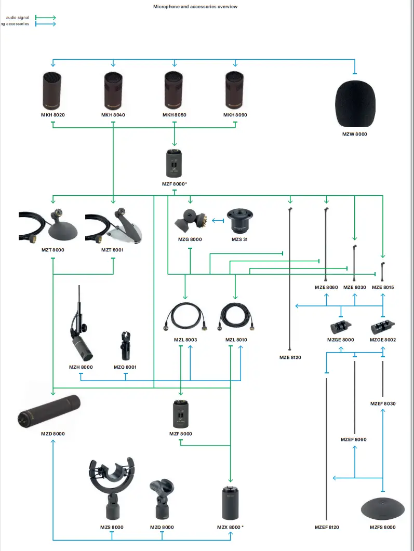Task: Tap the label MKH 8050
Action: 174,115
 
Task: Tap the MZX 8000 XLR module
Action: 230,503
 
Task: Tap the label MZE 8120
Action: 290,357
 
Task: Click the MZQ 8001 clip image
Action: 125,345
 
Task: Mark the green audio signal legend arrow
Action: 45,17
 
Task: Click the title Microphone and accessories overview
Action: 195,7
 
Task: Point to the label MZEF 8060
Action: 353,439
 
